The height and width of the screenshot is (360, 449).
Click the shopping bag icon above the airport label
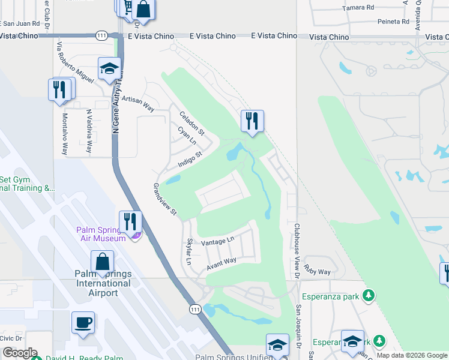click(x=102, y=262)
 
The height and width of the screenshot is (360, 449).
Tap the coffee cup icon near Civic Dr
click(x=83, y=322)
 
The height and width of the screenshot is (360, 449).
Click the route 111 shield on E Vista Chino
click(x=100, y=37)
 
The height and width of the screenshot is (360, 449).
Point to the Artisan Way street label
click(x=137, y=106)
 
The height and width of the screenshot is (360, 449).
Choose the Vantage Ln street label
click(x=217, y=241)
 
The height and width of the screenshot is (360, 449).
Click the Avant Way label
click(x=221, y=263)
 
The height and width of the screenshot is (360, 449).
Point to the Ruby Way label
click(x=317, y=270)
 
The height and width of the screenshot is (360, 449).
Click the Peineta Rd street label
click(x=393, y=22)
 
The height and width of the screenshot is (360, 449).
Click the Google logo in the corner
click(x=19, y=353)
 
